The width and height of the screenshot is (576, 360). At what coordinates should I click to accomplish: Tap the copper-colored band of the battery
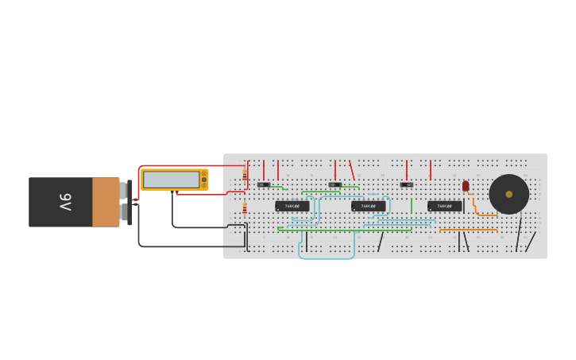click(106, 202)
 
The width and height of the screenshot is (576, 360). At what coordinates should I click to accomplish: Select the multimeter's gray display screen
click(171, 180)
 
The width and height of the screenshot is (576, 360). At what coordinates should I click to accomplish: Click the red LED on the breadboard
click(466, 186)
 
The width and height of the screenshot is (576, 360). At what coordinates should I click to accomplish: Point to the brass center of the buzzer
click(509, 194)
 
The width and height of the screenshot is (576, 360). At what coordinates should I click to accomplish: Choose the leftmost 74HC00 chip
click(292, 206)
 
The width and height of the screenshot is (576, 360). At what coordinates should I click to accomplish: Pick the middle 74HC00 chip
click(369, 206)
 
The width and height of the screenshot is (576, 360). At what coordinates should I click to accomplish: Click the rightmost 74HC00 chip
click(445, 206)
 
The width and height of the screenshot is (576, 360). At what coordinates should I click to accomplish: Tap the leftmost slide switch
click(263, 184)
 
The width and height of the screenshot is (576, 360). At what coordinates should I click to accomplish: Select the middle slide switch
click(335, 184)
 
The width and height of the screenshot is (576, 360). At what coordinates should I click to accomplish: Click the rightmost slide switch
click(407, 184)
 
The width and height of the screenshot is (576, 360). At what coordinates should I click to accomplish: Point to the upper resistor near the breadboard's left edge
click(245, 175)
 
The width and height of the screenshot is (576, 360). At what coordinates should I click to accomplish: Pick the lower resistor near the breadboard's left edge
click(245, 208)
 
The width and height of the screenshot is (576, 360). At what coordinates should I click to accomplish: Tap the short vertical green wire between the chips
click(412, 206)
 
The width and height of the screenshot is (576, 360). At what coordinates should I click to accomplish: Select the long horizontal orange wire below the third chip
click(469, 230)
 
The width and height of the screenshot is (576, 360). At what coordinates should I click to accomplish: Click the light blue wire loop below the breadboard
click(326, 258)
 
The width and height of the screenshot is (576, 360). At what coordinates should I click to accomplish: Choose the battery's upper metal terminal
click(123, 191)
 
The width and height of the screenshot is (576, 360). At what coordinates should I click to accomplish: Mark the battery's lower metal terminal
click(123, 213)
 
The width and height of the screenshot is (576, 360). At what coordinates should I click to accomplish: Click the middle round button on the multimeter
click(204, 180)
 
